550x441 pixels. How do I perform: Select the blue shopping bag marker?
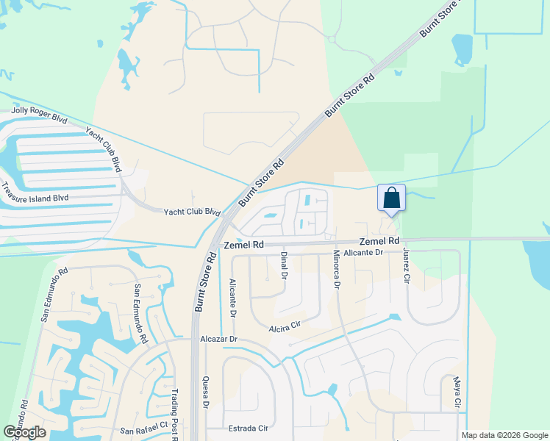[391, 198]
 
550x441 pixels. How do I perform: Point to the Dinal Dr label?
[283, 265]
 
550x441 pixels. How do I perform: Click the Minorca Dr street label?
[335, 269]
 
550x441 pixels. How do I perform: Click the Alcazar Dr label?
[219, 340]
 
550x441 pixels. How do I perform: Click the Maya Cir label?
[457, 393]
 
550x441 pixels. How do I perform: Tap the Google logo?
[24, 432]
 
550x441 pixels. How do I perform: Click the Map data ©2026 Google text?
[504, 435]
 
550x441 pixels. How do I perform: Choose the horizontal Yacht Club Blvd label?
[191, 211]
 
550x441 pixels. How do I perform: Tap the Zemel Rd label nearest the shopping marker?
[379, 241]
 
